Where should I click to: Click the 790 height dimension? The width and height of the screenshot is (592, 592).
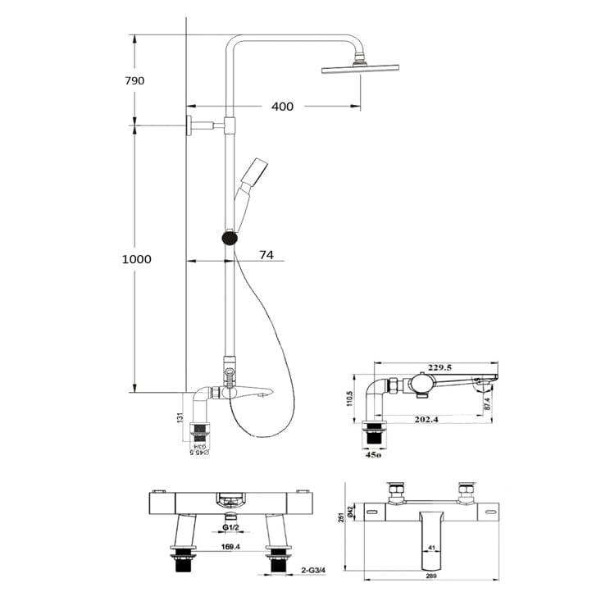(135, 80)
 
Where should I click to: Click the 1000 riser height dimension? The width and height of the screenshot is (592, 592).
(137, 259)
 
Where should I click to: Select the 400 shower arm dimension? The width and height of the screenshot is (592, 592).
(282, 107)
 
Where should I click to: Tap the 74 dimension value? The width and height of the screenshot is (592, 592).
(266, 255)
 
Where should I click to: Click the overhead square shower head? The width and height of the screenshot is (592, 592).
(357, 70)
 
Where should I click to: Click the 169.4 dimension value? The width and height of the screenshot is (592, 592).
(230, 546)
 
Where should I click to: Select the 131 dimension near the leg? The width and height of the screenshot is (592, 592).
(180, 418)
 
